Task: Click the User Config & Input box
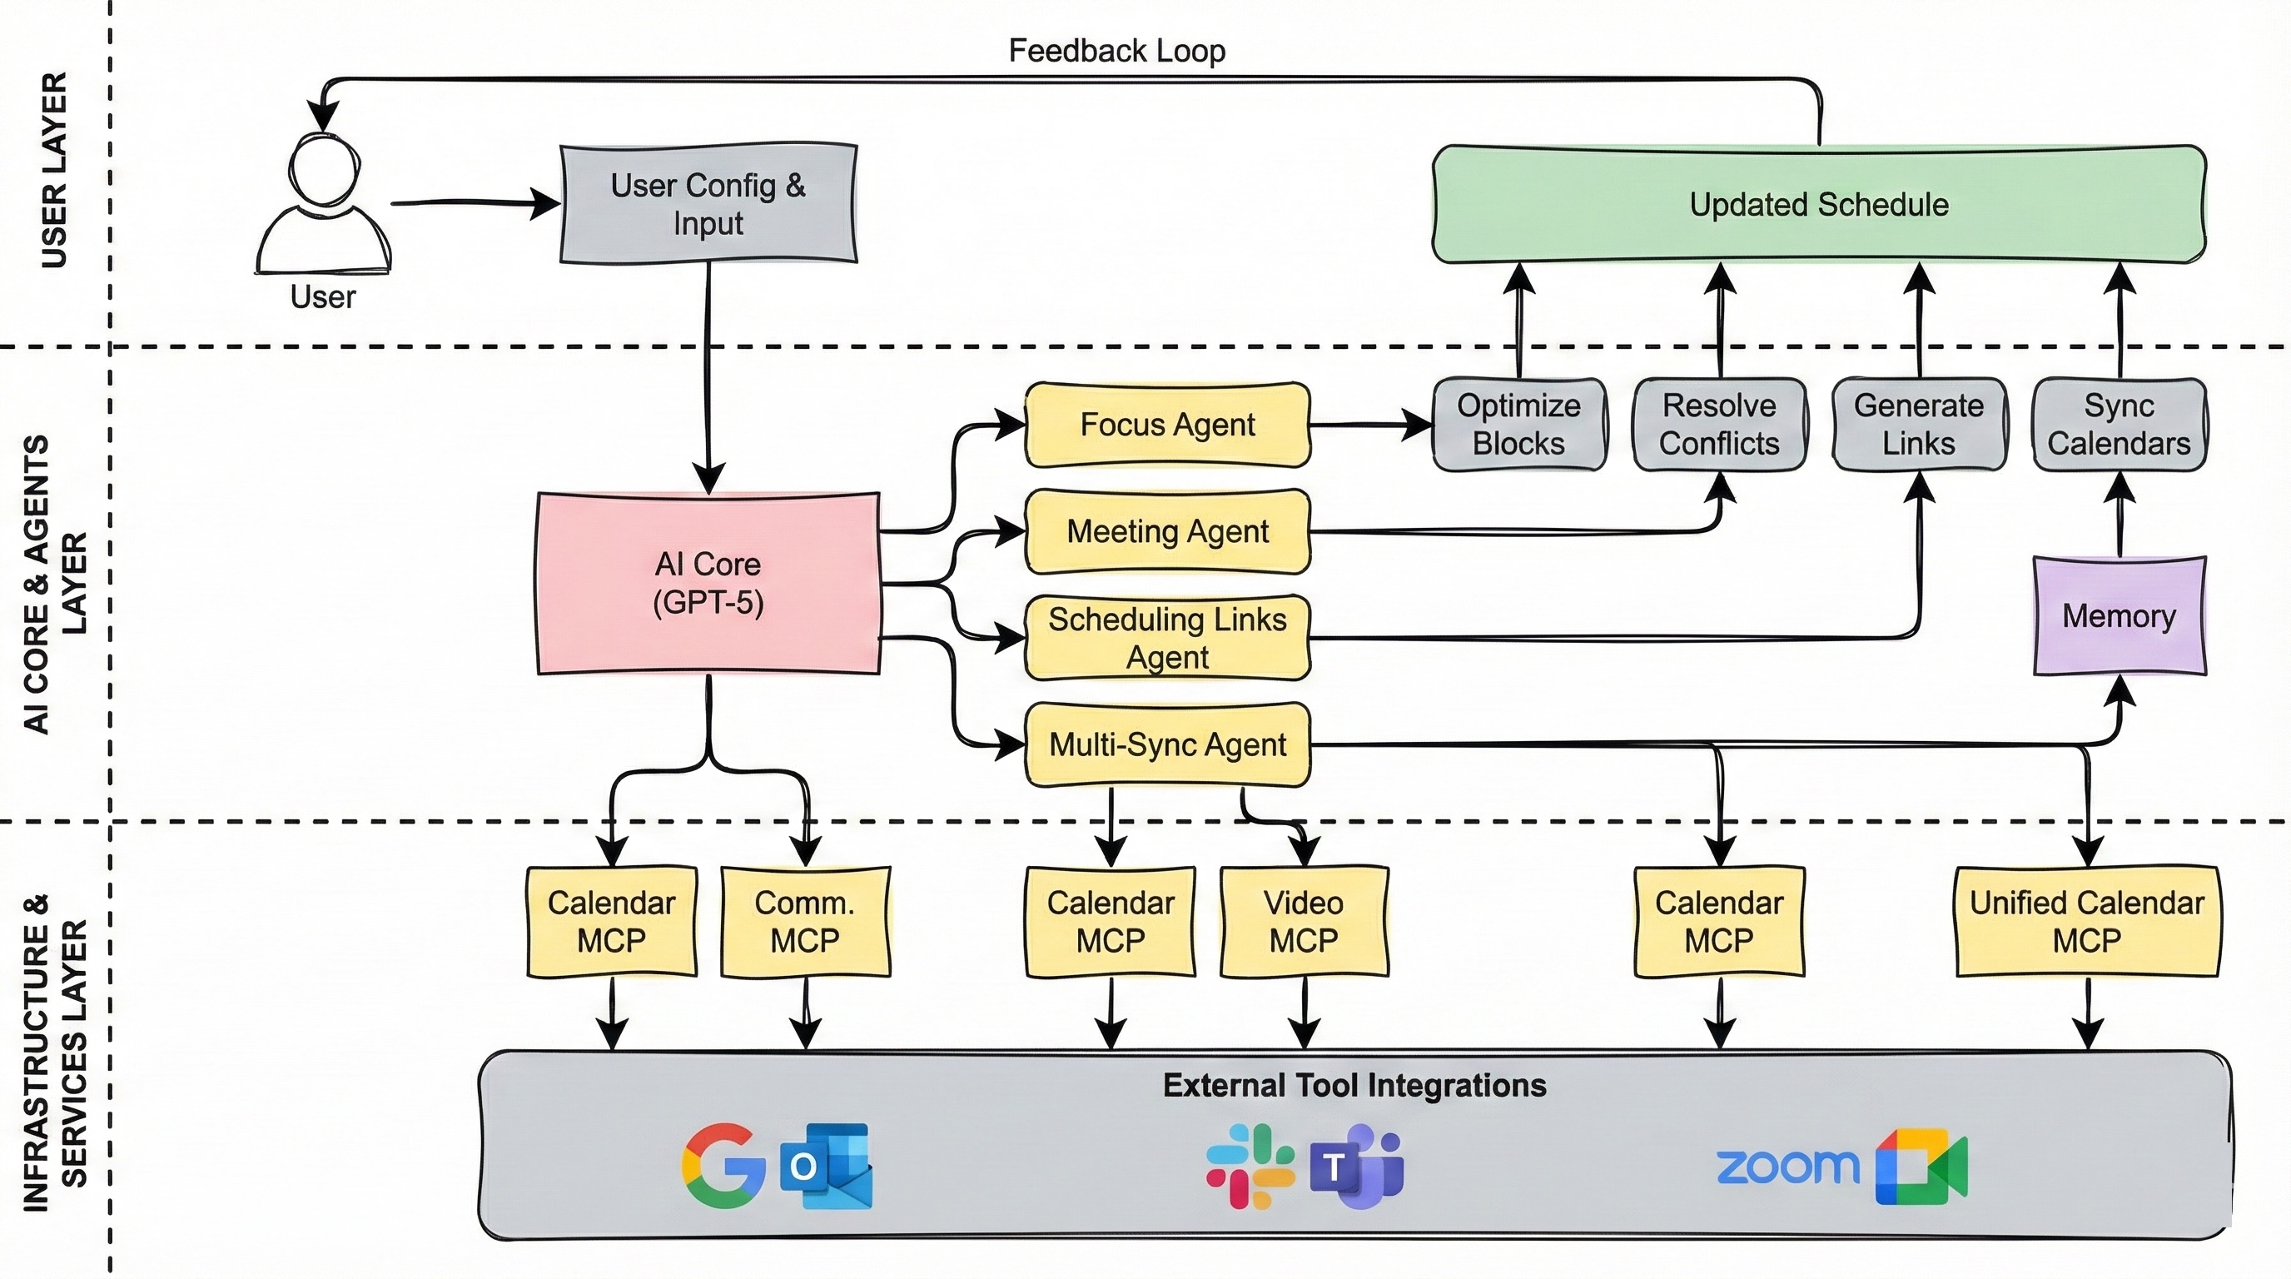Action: click(708, 205)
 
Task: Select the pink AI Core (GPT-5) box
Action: click(708, 584)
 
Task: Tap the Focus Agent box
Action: click(1167, 426)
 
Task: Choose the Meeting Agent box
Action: click(1167, 532)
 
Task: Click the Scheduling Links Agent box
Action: click(1167, 638)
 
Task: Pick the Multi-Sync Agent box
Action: click(1167, 744)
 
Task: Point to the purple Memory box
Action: click(2119, 615)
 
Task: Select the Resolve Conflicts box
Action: click(1718, 425)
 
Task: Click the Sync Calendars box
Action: click(2119, 425)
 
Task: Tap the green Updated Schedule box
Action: click(1818, 205)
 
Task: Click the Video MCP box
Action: click(1303, 922)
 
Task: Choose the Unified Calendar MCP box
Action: click(2086, 922)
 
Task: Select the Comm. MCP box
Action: click(804, 922)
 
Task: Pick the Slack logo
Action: click(1249, 1166)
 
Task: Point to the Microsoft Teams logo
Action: click(1355, 1166)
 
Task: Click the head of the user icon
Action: click(324, 171)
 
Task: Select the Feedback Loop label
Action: click(1116, 51)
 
